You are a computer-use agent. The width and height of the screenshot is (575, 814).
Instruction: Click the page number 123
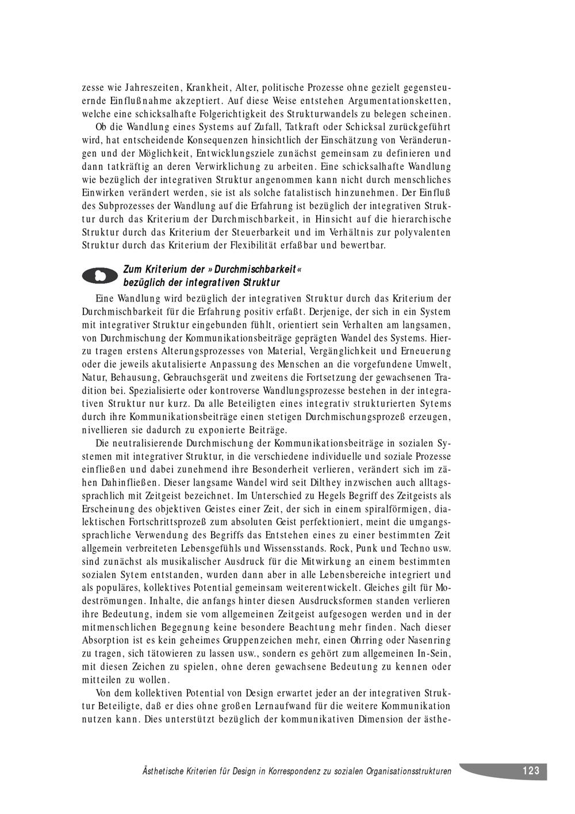531,771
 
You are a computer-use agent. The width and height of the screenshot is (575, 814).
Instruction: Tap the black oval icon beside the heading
101,276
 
